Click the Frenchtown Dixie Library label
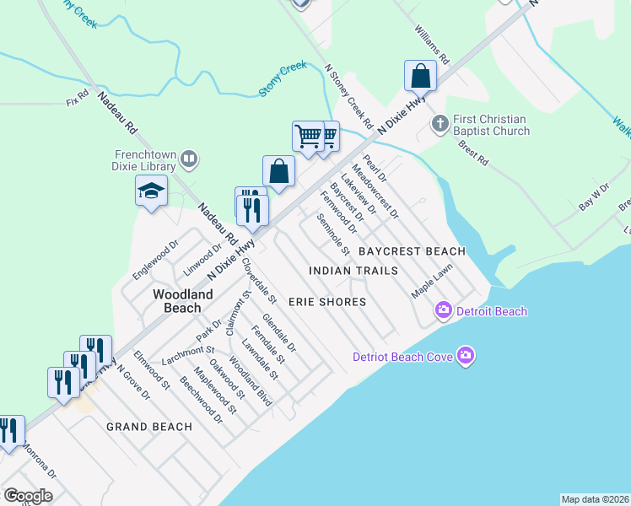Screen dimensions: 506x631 coord(145,160)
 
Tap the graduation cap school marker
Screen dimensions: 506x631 coord(151,191)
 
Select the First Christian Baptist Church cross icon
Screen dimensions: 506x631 coord(439,125)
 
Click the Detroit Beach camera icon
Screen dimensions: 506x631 coord(443,311)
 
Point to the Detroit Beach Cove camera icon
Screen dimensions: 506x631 coord(466,356)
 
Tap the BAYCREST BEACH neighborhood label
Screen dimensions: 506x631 coord(412,251)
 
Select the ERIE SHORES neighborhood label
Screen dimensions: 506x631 coord(327,302)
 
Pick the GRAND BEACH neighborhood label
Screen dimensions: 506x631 coord(149,427)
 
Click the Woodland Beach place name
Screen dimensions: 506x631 coord(182,301)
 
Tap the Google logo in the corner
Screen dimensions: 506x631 coord(28,495)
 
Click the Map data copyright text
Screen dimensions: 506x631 coord(594,498)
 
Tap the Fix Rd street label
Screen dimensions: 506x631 coord(77,100)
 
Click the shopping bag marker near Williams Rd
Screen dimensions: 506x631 coord(419,77)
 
